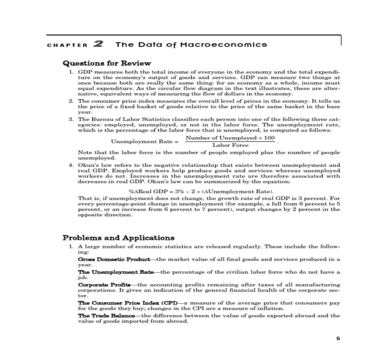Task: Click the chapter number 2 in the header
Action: [98, 44]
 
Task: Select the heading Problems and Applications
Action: [118, 238]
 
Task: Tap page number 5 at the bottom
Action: [338, 339]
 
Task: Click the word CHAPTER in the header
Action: [67, 45]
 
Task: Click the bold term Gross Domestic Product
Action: [114, 259]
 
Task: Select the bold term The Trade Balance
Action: [106, 316]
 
